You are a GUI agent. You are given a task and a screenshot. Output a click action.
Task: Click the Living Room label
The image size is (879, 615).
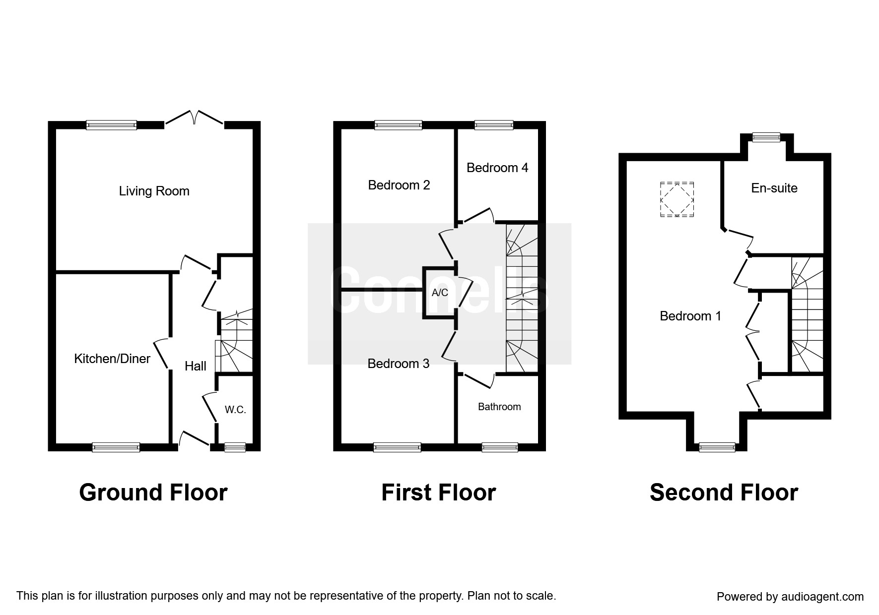click(154, 191)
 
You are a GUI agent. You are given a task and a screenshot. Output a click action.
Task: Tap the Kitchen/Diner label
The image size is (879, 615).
click(112, 359)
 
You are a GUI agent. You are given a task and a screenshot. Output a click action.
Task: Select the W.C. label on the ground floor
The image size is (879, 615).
click(235, 410)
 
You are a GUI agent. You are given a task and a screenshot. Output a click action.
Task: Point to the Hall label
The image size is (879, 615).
click(196, 366)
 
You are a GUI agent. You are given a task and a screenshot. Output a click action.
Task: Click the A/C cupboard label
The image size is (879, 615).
click(440, 293)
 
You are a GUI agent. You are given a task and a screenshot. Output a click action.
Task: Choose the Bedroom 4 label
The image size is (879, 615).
click(497, 168)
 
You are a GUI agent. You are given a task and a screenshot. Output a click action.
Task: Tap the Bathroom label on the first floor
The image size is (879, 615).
click(499, 407)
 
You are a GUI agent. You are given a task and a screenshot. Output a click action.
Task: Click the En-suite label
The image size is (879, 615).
click(774, 188)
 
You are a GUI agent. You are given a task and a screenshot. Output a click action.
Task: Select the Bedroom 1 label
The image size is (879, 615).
click(690, 316)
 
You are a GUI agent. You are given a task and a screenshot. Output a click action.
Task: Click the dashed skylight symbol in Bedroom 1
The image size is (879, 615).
click(677, 199)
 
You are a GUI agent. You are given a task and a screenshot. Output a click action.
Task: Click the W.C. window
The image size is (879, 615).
click(235, 447)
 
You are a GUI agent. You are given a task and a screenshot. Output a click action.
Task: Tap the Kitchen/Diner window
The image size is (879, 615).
click(116, 447)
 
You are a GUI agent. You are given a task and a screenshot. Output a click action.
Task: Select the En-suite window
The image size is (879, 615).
click(766, 137)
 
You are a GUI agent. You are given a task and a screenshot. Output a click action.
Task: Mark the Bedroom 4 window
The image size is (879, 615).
click(494, 125)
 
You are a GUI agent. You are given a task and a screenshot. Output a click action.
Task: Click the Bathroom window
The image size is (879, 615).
click(500, 447)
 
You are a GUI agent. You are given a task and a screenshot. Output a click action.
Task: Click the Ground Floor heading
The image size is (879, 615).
click(153, 492)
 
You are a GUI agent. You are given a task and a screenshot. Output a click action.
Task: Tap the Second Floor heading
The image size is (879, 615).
click(724, 492)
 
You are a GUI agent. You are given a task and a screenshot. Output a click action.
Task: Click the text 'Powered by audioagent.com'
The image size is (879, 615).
click(790, 597)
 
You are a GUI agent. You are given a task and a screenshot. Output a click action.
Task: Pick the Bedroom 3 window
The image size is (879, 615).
click(397, 447)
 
